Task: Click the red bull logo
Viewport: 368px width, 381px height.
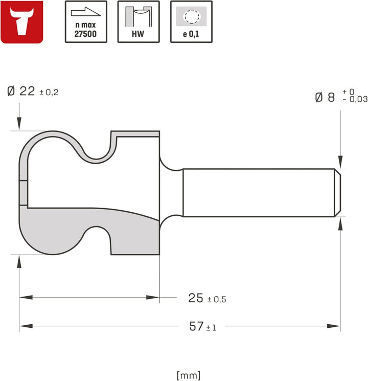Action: coord(22,22)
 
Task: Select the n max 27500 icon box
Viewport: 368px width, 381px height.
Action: coord(86,22)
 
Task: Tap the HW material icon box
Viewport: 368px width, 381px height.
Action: coord(139,22)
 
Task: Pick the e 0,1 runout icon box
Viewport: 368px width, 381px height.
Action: coord(191,22)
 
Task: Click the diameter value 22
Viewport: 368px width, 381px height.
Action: coord(27,92)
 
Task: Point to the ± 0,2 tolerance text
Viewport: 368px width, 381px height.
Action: coord(49,93)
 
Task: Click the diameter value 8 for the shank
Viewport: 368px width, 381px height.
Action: coord(331,98)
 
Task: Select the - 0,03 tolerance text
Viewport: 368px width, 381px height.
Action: coord(355,99)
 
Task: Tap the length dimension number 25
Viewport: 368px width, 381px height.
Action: coord(196,298)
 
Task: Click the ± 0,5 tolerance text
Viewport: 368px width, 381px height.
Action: coord(217,299)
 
